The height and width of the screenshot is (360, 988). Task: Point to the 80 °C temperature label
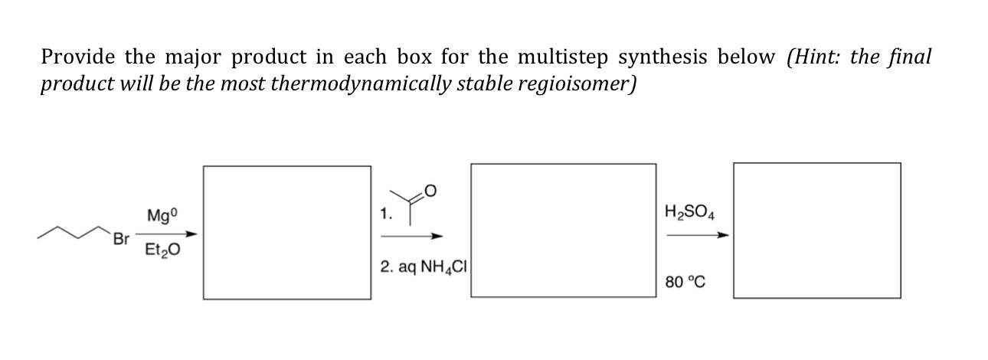point(686,282)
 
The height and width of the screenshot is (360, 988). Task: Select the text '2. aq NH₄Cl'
point(423,267)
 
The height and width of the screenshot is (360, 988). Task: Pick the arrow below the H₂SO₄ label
point(695,236)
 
